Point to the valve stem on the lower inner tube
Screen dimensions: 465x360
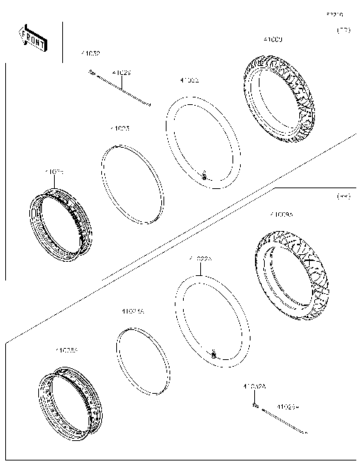point(214,352)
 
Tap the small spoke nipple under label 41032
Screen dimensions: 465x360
point(91,72)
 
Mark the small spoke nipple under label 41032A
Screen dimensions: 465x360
point(256,405)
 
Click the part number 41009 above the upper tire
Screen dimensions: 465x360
point(272,39)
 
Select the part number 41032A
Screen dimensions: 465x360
point(254,386)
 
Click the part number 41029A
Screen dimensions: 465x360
point(287,406)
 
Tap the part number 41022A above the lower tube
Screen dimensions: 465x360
point(200,259)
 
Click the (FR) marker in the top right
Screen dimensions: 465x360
point(343,31)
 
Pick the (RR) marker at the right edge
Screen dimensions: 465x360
point(343,196)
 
